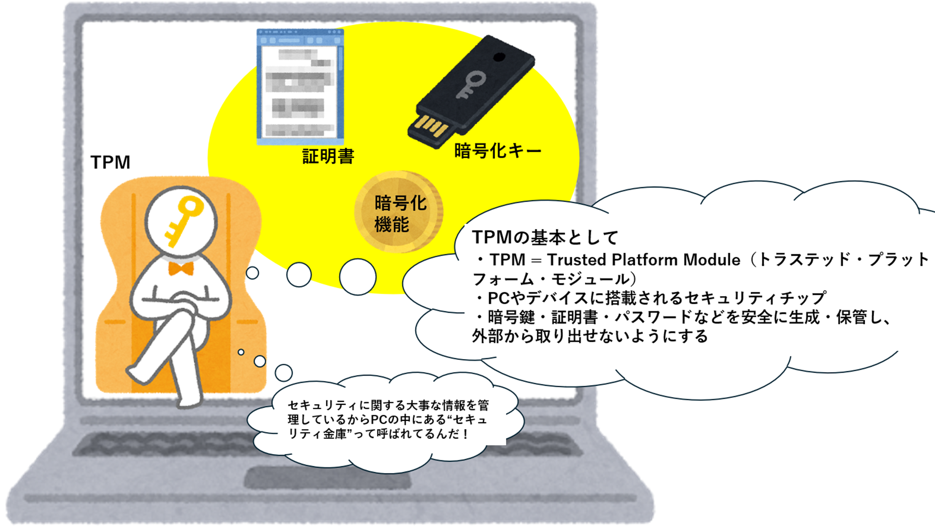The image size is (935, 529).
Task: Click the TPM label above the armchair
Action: tap(111, 162)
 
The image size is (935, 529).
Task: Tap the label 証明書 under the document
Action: tap(328, 156)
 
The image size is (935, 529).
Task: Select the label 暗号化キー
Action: tap(498, 151)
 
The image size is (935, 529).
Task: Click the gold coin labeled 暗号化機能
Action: tap(398, 212)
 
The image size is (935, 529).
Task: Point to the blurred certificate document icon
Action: tap(300, 87)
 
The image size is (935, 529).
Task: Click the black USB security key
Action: tap(471, 92)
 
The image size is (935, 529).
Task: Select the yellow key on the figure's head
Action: tap(183, 220)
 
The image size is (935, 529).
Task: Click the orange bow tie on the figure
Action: tap(181, 268)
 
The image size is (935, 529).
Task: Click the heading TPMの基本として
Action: tap(545, 237)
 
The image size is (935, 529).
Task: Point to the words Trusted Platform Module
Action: tap(644, 260)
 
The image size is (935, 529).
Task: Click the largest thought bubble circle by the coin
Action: tap(358, 277)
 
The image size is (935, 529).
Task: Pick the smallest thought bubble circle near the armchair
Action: tap(241, 352)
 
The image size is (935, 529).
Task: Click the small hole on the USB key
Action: tap(499, 57)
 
